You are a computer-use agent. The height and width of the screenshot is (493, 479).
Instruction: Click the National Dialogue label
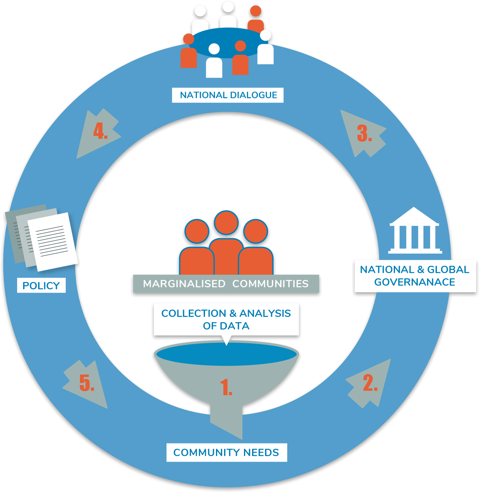228,95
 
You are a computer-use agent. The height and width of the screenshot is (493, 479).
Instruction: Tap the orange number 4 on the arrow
100,131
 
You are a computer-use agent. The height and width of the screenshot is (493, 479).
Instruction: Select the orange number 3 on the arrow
364,133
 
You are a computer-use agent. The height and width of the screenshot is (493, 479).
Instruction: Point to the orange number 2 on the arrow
370,383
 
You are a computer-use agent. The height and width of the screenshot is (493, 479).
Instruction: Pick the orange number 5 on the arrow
86,383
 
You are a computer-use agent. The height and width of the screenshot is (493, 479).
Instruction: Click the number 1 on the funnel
226,388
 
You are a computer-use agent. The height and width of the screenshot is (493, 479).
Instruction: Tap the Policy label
41,286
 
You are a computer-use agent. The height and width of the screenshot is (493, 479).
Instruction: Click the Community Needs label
226,452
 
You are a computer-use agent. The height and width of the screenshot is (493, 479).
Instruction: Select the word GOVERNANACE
414,282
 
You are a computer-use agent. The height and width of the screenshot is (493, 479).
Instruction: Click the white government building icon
414,231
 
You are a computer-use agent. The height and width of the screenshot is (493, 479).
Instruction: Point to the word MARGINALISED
184,284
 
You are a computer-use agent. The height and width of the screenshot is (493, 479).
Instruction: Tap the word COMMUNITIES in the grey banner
270,284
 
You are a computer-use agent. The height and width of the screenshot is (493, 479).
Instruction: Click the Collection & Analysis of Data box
226,319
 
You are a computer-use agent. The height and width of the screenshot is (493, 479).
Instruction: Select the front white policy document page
52,242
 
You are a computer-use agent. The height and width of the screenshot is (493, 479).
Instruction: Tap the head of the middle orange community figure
226,222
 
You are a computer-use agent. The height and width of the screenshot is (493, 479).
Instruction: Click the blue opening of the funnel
226,354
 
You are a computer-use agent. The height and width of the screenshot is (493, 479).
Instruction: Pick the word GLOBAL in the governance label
448,270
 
